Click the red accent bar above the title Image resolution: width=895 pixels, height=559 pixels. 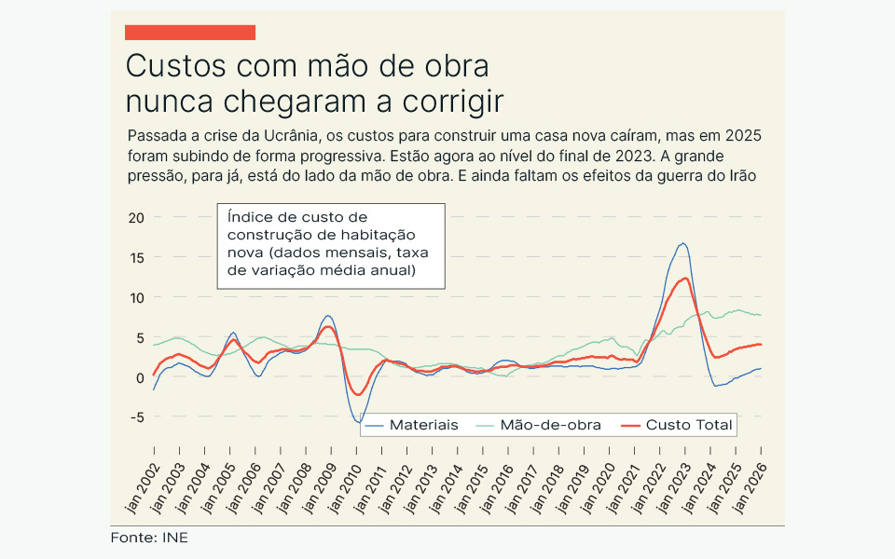coord(189,33)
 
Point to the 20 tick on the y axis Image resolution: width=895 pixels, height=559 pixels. coord(137,217)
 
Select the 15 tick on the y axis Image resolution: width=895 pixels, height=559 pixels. coord(137,257)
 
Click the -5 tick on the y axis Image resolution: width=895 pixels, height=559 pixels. coord(137,417)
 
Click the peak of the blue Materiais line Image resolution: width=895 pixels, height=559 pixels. coord(683,243)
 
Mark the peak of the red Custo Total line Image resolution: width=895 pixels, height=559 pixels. coord(685,278)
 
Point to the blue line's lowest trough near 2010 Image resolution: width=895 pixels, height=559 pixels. coord(358,422)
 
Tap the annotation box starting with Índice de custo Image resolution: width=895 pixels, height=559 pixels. coord(330,244)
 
